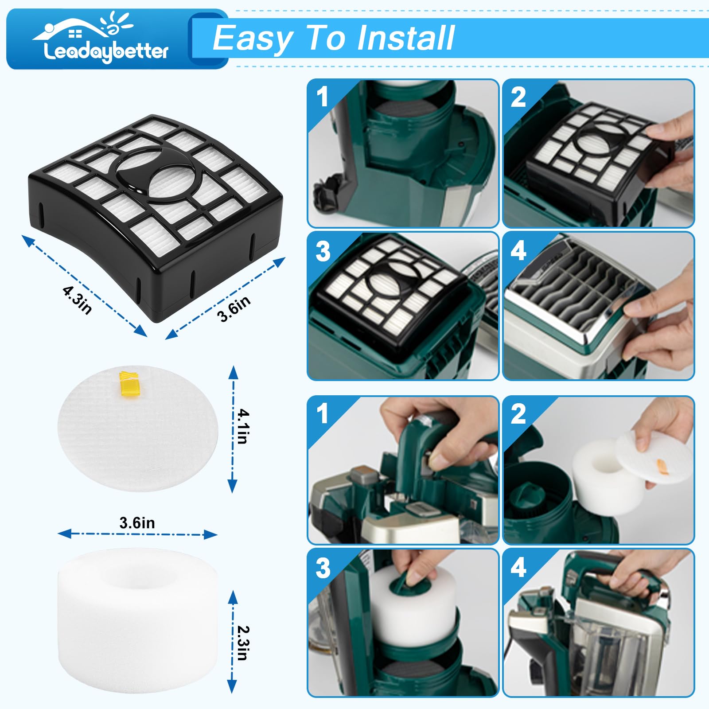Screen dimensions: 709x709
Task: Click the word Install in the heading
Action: [x=406, y=38]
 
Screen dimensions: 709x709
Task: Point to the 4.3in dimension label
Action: [x=77, y=300]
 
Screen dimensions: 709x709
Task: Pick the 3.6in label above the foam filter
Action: [x=137, y=523]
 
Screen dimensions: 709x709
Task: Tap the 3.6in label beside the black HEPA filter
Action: [x=234, y=308]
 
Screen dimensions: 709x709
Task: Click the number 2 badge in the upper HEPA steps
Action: [x=518, y=97]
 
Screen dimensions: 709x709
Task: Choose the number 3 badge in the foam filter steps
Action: [x=323, y=568]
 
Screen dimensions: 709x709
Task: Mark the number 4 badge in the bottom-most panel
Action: [x=518, y=567]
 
